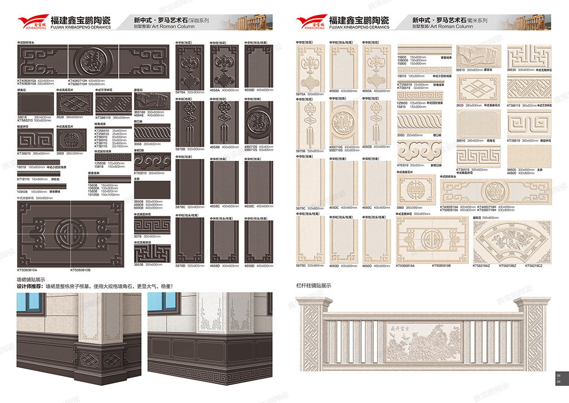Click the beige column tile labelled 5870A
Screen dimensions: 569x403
[x=309, y=66]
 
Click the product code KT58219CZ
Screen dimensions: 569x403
[x=532, y=266]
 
